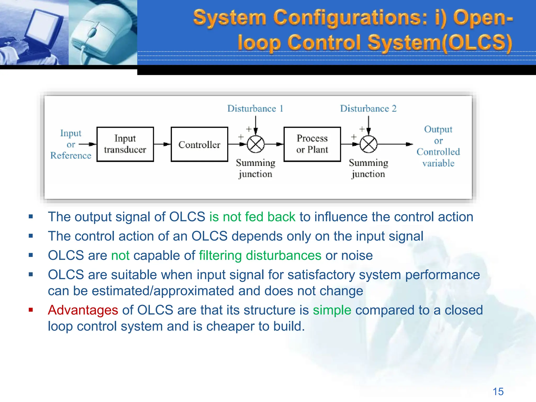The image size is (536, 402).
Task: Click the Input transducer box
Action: click(x=125, y=144)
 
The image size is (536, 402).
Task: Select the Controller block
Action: click(x=199, y=144)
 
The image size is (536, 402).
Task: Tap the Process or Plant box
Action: click(x=312, y=144)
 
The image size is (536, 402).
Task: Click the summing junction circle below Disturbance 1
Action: click(x=256, y=144)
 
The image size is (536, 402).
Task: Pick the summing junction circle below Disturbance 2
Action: click(x=368, y=144)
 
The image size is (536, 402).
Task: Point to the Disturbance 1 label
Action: click(x=255, y=108)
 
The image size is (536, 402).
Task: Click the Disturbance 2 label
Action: click(x=368, y=108)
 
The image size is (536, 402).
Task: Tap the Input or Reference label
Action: click(x=71, y=144)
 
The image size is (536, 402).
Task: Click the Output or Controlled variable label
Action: click(x=438, y=146)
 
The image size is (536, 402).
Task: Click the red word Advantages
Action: click(x=83, y=310)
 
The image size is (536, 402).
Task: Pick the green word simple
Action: click(x=332, y=310)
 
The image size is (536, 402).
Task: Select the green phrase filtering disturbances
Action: click(x=260, y=255)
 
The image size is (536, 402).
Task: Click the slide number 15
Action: click(x=498, y=392)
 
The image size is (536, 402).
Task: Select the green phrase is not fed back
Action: click(x=252, y=217)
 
